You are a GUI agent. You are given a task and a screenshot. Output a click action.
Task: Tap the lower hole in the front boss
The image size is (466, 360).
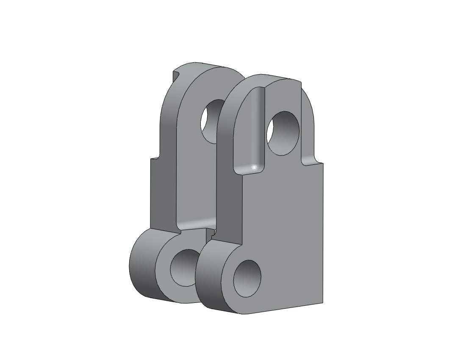[x=247, y=278]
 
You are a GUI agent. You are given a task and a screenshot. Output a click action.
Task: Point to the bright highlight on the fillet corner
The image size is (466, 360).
[x=254, y=167]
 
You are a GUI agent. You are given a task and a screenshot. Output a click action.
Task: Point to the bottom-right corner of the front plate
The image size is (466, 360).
[x=322, y=302]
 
